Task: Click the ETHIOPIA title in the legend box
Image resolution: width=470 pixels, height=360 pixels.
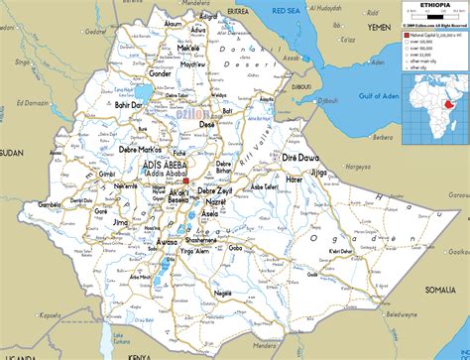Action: click(x=419, y=6)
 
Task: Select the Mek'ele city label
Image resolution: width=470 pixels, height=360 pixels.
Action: click(x=188, y=48)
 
